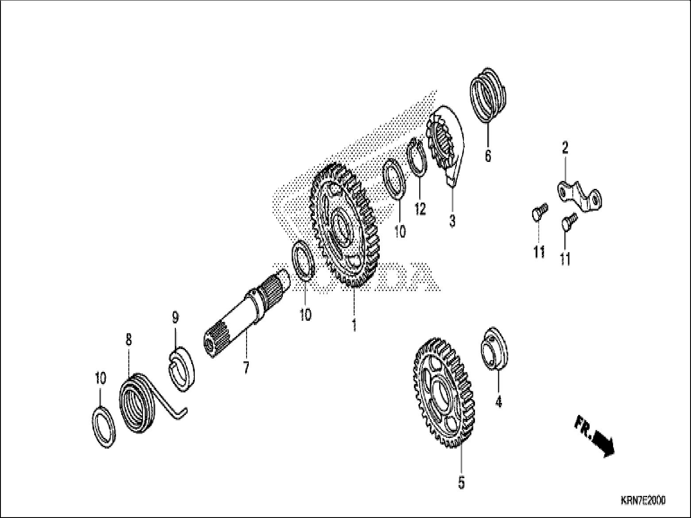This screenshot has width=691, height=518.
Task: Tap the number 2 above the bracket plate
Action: [x=565, y=148]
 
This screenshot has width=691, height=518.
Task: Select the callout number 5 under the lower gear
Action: [x=461, y=483]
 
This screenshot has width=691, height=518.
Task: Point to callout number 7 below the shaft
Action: [x=246, y=367]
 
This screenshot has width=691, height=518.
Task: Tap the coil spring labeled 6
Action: [x=489, y=94]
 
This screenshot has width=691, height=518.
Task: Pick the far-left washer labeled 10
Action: [x=106, y=426]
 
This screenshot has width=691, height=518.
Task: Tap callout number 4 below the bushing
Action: [x=498, y=402]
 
